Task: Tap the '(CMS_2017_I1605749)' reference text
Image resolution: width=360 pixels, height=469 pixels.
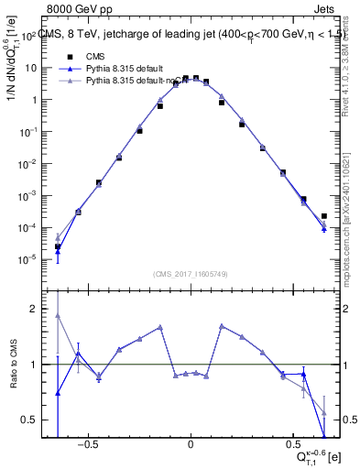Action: (190, 274)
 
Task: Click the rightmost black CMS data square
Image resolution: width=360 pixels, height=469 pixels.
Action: (324, 216)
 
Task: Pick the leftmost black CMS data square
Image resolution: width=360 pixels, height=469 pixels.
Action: (58, 246)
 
